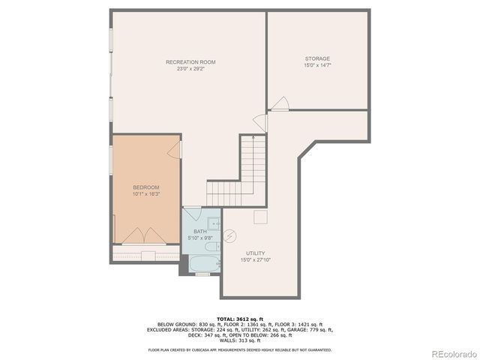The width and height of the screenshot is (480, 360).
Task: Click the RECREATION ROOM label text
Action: tap(190, 61)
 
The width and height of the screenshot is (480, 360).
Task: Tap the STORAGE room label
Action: tap(317, 58)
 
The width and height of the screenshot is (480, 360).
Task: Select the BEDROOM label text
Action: tap(146, 187)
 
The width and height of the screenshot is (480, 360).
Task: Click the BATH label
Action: tap(200, 232)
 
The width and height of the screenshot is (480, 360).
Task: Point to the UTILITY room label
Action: tap(255, 253)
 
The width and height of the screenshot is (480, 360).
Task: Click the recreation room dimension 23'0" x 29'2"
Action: tap(190, 68)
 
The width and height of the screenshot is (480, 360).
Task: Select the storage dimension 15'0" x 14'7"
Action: tap(317, 65)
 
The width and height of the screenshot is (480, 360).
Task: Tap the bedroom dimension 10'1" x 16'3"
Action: tap(146, 194)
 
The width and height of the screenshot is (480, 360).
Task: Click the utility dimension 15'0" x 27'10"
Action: tap(255, 260)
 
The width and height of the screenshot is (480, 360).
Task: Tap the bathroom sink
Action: tap(214, 222)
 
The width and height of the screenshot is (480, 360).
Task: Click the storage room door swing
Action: tap(280, 103)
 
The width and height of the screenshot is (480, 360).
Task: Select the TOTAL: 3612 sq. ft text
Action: tap(240, 319)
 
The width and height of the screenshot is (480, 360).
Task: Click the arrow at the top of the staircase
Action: tap(255, 139)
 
